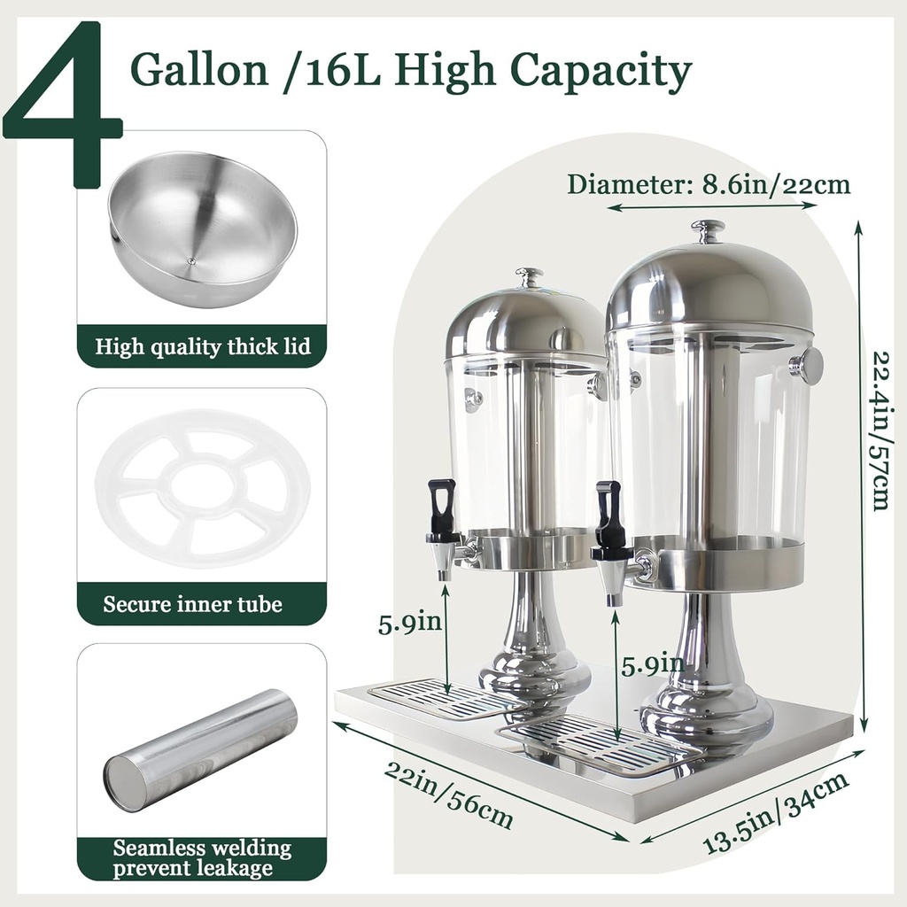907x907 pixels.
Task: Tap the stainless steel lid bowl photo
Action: pyautogui.click(x=202, y=229)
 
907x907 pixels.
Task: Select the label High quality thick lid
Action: pyautogui.click(x=202, y=346)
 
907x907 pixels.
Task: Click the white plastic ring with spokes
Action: pyautogui.click(x=202, y=487)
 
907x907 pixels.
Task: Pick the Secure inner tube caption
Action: pyautogui.click(x=192, y=605)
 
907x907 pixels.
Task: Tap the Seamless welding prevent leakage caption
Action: pyautogui.click(x=201, y=858)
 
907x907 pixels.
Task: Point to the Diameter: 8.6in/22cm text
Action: pyautogui.click(x=709, y=184)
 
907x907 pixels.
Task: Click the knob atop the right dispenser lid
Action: pyautogui.click(x=708, y=231)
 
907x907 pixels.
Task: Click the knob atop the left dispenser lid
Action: pyautogui.click(x=530, y=277)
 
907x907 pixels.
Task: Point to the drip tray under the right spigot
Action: pyautogui.click(x=602, y=742)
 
